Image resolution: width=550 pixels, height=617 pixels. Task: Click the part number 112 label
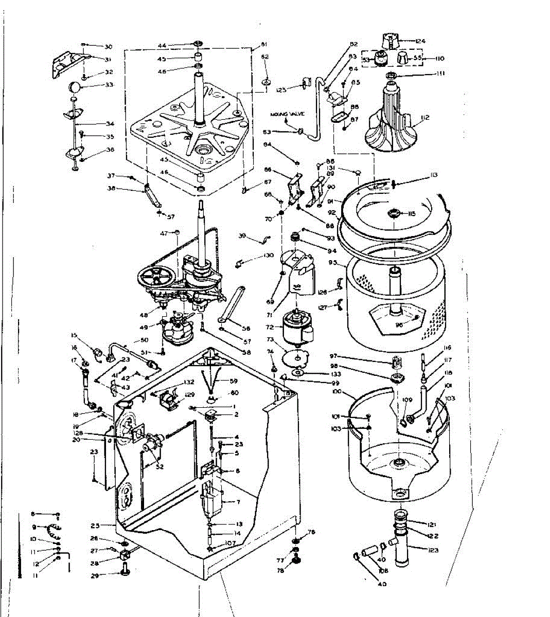pos(424,118)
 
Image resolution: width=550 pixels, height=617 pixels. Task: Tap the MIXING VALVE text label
pos(287,114)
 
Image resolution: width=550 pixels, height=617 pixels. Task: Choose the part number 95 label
pos(332,263)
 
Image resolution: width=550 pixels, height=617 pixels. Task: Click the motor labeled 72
pos(295,326)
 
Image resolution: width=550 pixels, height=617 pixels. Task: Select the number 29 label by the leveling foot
pos(95,576)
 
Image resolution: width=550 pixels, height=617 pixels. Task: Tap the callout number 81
pos(264,44)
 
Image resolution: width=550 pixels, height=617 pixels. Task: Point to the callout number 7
pos(238,502)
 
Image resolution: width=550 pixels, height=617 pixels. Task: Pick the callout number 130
pos(269,256)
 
